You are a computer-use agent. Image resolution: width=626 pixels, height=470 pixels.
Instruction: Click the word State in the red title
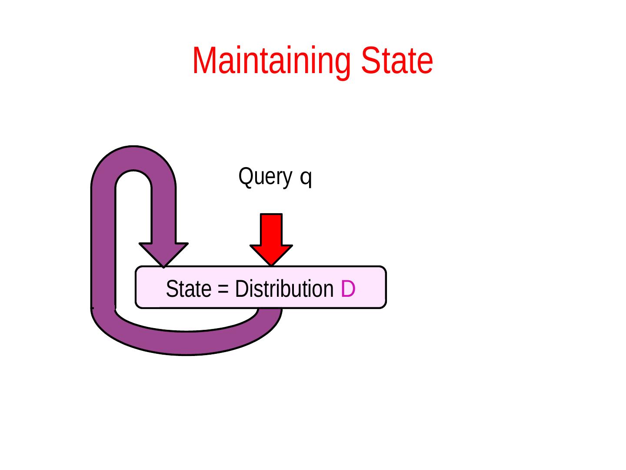pos(397,61)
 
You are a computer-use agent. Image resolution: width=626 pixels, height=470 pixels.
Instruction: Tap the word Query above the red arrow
pos(265,177)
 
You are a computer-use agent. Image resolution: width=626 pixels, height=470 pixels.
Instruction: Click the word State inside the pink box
pos(189,289)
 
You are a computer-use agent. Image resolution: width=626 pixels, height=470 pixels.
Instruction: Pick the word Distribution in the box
pos(284,289)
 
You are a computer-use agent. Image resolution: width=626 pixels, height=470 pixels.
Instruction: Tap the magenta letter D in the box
pos(348,289)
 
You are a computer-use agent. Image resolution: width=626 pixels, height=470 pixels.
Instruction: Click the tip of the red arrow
pos(271,264)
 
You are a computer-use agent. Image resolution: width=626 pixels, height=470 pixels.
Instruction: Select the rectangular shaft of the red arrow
pos(271,229)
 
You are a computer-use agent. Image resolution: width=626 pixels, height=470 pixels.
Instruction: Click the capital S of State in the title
pos(370,61)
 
